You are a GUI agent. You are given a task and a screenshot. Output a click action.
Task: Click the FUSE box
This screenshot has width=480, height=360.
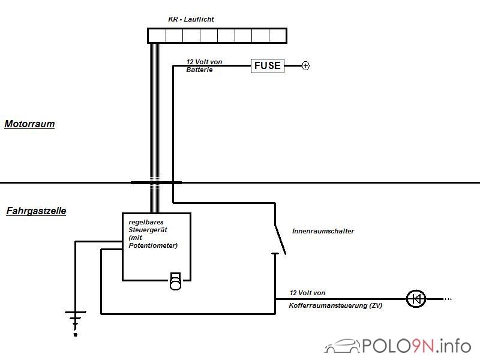(268, 65)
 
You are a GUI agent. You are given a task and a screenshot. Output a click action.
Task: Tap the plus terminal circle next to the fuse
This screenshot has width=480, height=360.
(305, 65)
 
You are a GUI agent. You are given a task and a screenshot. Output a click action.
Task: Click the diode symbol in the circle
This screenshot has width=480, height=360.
(416, 299)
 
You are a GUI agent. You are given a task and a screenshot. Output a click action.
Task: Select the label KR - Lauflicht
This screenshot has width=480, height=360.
(191, 19)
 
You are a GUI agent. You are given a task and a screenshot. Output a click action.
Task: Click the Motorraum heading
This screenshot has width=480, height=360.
(29, 124)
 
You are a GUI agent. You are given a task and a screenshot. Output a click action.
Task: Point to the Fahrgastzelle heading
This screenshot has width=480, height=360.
(36, 211)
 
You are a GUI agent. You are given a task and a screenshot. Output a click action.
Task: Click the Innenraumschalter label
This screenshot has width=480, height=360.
(323, 231)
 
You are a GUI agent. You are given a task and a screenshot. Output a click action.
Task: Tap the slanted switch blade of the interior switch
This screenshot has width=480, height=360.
(280, 240)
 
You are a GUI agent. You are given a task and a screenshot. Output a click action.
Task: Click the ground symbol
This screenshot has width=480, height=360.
(76, 320)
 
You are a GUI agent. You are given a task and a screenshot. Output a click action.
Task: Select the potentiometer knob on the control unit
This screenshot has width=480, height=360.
(175, 281)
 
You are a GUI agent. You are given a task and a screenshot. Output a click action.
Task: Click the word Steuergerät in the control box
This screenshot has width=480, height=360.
(148, 230)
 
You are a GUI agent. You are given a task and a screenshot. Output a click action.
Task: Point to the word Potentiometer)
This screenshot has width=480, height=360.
(153, 245)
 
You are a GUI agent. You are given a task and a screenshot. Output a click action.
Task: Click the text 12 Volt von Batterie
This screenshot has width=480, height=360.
(204, 66)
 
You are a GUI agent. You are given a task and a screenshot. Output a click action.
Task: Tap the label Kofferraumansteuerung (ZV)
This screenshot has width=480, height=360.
(335, 305)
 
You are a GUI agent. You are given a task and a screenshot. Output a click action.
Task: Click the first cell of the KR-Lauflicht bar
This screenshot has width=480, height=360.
(157, 36)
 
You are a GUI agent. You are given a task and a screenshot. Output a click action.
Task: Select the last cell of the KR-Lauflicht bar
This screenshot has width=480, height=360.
(278, 36)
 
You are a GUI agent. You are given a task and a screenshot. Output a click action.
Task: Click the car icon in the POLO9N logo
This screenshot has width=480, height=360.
(342, 346)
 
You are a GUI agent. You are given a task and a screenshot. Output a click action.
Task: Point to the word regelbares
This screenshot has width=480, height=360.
(146, 222)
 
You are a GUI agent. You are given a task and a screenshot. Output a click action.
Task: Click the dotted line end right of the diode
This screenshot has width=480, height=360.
(448, 299)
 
